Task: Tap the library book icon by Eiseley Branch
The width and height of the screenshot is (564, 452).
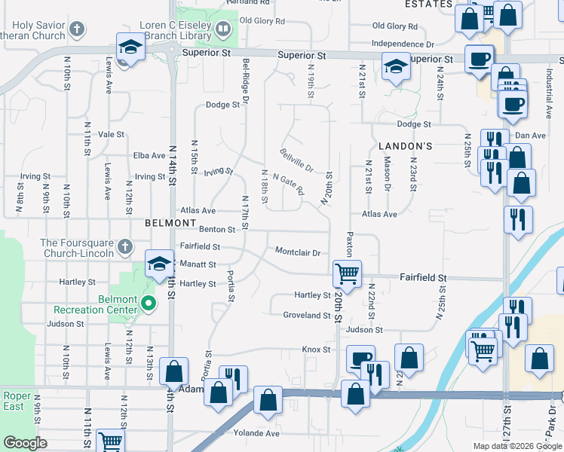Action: (222, 29)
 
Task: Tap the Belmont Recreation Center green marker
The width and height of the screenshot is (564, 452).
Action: (149, 304)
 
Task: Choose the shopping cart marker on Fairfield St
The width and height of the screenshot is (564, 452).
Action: (347, 273)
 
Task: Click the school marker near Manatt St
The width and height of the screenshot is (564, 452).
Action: (159, 264)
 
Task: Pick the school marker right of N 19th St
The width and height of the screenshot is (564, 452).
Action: (394, 67)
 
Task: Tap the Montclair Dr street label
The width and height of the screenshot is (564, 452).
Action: (298, 252)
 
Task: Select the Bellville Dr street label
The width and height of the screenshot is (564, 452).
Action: (296, 160)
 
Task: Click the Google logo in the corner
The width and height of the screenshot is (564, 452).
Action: (26, 443)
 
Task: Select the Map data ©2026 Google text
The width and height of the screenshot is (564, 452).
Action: (517, 446)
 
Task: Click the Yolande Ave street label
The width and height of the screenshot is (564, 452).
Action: (256, 433)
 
